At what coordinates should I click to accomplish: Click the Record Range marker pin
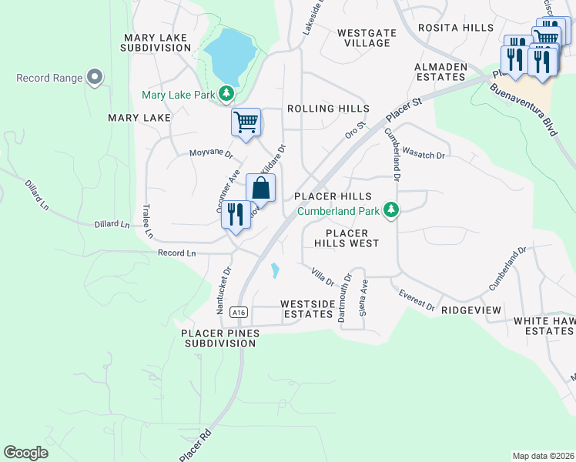(95, 77)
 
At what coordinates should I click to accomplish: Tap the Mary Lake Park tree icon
(226, 94)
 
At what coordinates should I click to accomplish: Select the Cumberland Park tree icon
(391, 209)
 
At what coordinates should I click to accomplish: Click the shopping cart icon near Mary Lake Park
(246, 122)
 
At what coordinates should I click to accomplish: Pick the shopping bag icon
(260, 188)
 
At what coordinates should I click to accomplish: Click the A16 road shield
(239, 312)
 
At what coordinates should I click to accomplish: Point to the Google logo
(25, 452)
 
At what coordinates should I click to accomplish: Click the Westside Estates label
(307, 309)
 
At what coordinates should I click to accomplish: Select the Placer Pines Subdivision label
(220, 338)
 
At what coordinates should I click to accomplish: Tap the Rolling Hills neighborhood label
(327, 109)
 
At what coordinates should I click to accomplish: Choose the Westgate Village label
(363, 38)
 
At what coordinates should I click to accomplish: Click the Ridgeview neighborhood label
(471, 310)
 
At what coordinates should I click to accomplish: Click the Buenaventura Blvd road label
(524, 108)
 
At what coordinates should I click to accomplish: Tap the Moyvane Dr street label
(210, 152)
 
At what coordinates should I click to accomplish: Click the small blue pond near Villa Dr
(275, 271)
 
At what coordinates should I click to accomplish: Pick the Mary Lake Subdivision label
(155, 42)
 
